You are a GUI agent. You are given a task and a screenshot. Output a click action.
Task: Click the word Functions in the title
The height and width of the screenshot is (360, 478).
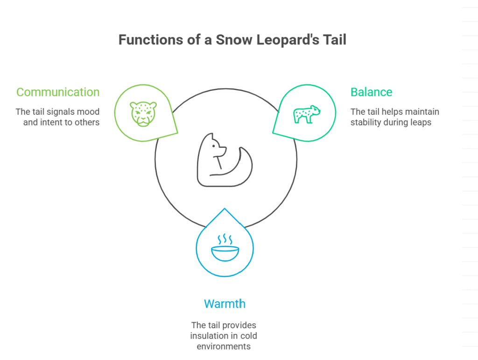[151, 40]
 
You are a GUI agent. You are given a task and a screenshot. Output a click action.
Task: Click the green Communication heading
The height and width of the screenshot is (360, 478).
[58, 92]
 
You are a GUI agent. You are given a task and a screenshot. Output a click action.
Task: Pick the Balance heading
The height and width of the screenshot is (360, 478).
[371, 92]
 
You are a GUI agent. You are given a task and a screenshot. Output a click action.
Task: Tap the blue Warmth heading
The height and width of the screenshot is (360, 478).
[225, 304]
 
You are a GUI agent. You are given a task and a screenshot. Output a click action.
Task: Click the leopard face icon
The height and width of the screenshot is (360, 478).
[143, 114]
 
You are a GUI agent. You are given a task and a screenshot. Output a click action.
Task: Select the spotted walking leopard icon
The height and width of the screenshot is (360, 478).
[307, 115]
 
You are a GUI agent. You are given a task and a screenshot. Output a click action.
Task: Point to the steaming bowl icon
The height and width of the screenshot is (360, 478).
[225, 248]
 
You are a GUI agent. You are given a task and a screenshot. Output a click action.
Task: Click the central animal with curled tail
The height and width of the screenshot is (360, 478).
[225, 159]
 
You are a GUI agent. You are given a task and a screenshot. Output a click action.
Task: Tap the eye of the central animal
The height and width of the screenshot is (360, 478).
[214, 146]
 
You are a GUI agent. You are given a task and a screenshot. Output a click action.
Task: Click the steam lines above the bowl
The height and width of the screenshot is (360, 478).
[225, 239]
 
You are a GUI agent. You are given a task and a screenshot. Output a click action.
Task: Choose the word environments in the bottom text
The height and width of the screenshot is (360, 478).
[224, 346]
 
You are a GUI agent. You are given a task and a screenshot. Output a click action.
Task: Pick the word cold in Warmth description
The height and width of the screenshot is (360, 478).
[249, 336]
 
